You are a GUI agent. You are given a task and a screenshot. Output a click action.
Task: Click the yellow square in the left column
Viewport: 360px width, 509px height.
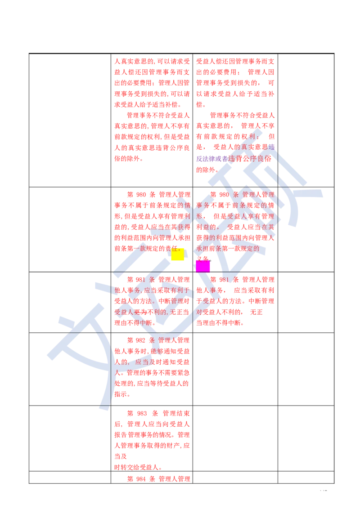click(178, 254)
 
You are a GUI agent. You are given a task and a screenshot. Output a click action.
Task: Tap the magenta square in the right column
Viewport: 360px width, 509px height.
click(203, 266)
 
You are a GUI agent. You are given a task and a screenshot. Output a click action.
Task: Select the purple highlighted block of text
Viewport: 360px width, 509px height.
click(211, 158)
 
